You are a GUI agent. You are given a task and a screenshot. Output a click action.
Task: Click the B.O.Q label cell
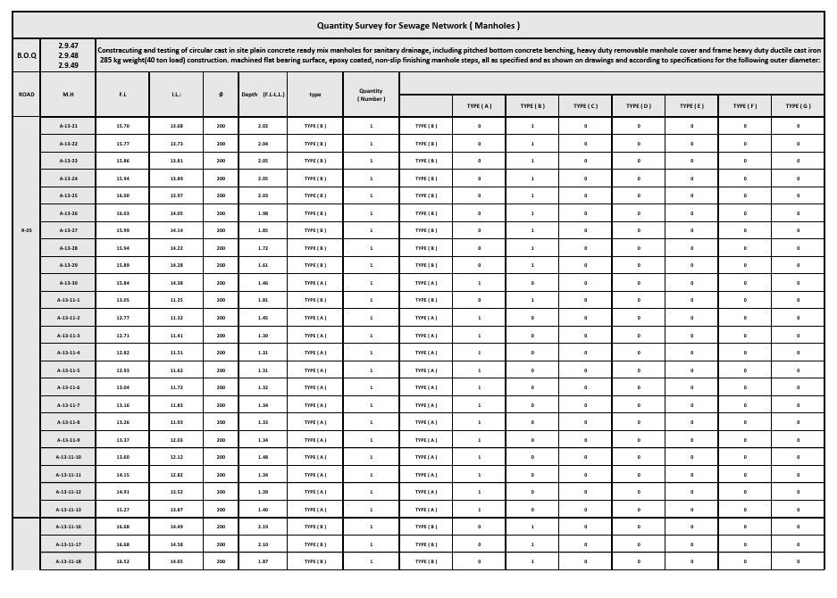pyautogui.click(x=28, y=55)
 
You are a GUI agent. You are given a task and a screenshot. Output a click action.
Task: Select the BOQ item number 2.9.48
pyautogui.click(x=68, y=55)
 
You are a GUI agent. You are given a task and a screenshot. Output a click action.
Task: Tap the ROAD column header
pyautogui.click(x=27, y=94)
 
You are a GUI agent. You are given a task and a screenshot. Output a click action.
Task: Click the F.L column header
pyautogui.click(x=122, y=94)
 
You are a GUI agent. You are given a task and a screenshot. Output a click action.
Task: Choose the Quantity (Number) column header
pyautogui.click(x=371, y=94)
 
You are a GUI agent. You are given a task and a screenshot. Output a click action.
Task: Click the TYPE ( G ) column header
pyautogui.click(x=798, y=106)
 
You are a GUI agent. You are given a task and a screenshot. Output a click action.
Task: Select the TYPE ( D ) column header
pyautogui.click(x=639, y=106)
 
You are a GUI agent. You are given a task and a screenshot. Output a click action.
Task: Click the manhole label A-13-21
pyautogui.click(x=68, y=126)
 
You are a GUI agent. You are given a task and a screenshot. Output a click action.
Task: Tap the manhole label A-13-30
pyautogui.click(x=68, y=283)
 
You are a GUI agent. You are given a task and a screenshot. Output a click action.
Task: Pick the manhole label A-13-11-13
pyautogui.click(x=68, y=510)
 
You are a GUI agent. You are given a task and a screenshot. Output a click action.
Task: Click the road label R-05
pyautogui.click(x=27, y=230)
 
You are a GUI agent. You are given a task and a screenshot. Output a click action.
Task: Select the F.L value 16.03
pyautogui.click(x=122, y=213)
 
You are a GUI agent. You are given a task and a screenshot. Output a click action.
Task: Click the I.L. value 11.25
pyautogui.click(x=177, y=300)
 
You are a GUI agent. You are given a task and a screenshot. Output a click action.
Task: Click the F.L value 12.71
pyautogui.click(x=122, y=336)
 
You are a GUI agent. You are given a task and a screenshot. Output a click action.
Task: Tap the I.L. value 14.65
pyautogui.click(x=177, y=561)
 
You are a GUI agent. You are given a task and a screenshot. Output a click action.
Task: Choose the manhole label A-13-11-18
pyautogui.click(x=68, y=561)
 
